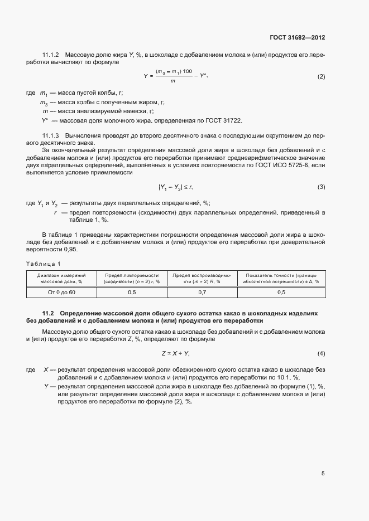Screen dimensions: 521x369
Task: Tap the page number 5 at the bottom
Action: tap(323, 474)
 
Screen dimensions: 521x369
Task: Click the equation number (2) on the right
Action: tap(321, 76)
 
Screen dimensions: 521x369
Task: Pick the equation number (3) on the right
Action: tap(321, 187)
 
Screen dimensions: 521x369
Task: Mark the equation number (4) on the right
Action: tap(321, 354)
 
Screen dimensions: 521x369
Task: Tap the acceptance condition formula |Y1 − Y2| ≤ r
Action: tap(175, 187)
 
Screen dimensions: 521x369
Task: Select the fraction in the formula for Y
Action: tap(174, 76)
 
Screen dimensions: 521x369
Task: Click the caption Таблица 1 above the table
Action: tap(44, 263)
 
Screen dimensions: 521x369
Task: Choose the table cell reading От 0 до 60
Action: tap(61, 292)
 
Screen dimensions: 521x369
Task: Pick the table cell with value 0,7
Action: tap(202, 292)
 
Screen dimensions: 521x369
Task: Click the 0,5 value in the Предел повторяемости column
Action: tap(132, 292)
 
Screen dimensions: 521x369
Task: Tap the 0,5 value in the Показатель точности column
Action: tap(281, 292)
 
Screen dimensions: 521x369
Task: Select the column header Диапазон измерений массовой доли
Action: tap(61, 279)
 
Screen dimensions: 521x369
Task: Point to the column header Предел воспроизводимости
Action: tap(202, 279)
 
